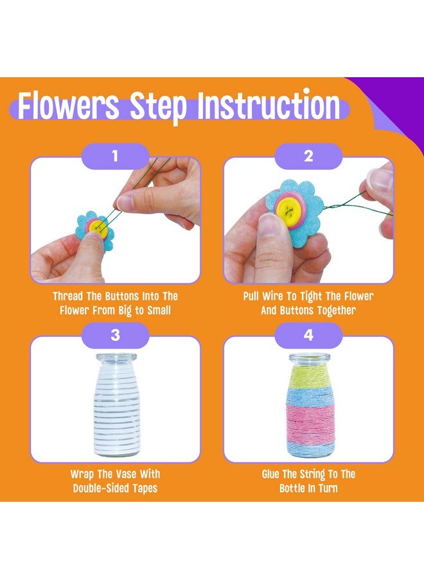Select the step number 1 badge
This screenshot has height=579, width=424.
click(115, 156)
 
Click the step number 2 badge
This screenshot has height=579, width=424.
click(308, 156)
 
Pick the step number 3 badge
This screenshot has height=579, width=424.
click(115, 335)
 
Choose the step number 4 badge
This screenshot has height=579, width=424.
click(308, 335)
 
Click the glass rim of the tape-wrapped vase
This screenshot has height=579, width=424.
click(115, 357)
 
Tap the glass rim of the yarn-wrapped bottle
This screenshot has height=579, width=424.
click(308, 357)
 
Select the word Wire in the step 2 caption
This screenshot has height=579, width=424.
click(281, 297)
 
